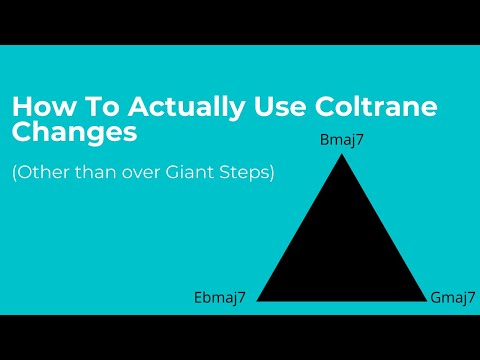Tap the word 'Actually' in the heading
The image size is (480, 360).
click(x=140, y=107)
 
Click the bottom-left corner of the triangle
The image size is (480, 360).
click(x=258, y=301)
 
